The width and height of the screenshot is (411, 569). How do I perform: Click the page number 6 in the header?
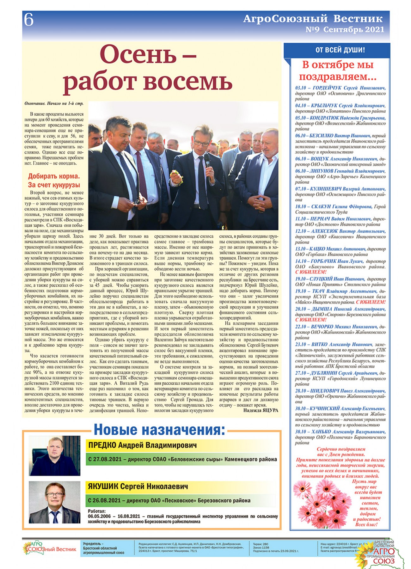click(29, 20)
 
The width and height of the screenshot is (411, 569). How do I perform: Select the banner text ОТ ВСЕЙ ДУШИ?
click(340, 50)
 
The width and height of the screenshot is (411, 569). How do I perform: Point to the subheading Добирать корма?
click(54, 176)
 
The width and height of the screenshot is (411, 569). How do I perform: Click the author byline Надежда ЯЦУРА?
click(261, 410)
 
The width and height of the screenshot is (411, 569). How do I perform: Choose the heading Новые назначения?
click(160, 430)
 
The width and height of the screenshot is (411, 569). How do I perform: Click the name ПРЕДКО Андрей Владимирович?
click(143, 445)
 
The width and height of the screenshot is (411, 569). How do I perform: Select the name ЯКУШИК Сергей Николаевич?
click(138, 486)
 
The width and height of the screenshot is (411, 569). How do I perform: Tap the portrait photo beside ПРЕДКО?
click(54, 456)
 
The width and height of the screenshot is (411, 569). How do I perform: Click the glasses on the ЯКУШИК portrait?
click(55, 494)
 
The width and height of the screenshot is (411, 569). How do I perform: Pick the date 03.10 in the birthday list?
click(300, 88)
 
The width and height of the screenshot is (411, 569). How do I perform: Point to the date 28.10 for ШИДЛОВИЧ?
click(300, 391)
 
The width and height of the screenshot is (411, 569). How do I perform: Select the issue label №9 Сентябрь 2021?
click(345, 30)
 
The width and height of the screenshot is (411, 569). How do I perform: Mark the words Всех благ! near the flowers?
click(366, 524)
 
